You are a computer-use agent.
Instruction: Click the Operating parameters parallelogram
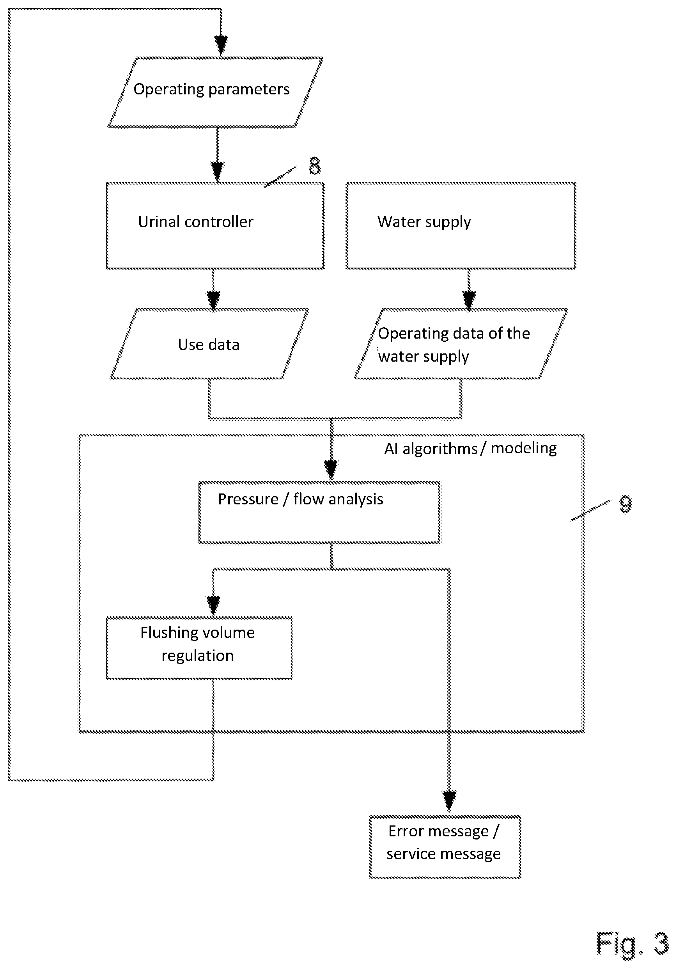216,92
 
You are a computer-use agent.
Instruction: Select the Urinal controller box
215,226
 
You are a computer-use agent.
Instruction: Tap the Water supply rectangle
461,226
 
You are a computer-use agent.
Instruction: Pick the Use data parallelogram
209,344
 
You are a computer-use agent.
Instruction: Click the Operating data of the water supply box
461,344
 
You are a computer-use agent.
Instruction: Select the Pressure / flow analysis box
320,513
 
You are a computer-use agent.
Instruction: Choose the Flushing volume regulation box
200,648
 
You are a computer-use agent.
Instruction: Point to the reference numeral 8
315,165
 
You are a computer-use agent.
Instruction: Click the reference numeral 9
626,504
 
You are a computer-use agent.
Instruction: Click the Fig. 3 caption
632,944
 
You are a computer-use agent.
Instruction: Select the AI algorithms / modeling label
470,448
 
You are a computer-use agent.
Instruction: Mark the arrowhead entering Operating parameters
221,45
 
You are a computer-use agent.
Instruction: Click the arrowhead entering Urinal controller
217,171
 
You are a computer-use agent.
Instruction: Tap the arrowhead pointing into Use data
213,300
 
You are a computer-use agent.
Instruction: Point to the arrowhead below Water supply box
469,300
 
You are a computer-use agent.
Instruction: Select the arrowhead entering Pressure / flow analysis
331,470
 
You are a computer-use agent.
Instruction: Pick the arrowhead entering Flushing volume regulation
213,605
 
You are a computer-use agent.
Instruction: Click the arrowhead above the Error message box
449,800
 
